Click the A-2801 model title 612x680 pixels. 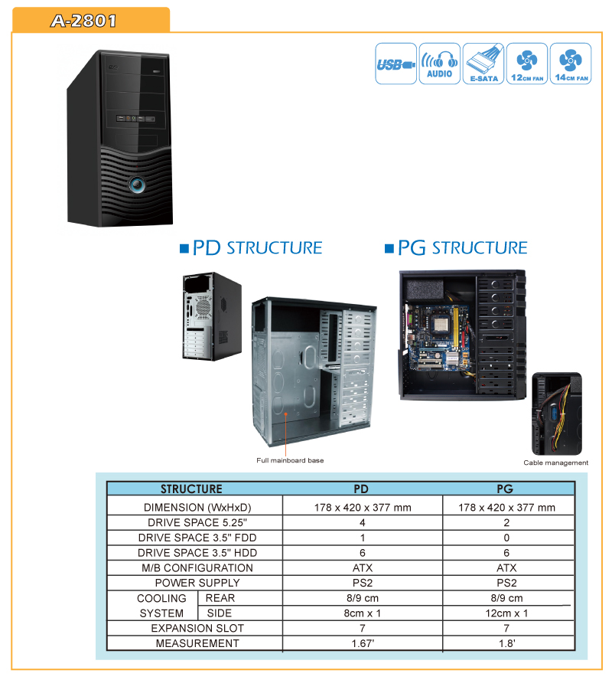[83, 21]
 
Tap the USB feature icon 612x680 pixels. [396, 64]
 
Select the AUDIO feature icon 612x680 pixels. [440, 64]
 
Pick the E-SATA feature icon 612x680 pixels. [483, 64]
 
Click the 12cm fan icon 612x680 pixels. [527, 64]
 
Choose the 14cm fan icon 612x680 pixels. [571, 64]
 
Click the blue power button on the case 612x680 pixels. [137, 185]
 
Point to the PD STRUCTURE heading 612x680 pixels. [251, 248]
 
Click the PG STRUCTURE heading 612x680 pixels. [456, 248]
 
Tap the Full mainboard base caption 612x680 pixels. [290, 460]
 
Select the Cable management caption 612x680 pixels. [555, 463]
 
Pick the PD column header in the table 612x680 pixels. [361, 489]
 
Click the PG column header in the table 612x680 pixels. [505, 489]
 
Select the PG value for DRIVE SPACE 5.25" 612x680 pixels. [506, 522]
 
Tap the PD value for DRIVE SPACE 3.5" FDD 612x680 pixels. [363, 538]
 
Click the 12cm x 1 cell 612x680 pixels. [506, 613]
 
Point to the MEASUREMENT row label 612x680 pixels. [197, 643]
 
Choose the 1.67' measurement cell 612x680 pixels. [363, 643]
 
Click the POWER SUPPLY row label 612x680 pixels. [197, 583]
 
